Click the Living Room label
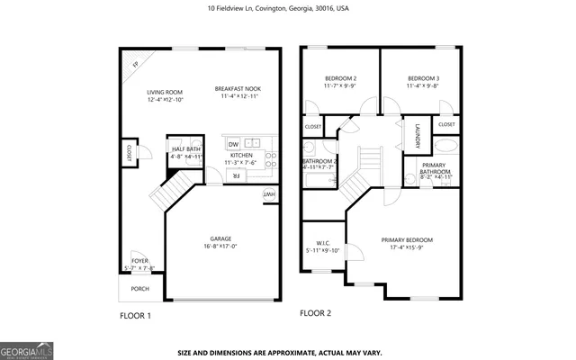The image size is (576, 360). [x=165, y=93]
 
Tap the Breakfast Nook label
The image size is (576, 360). [x=237, y=89]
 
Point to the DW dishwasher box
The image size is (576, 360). [x=233, y=144]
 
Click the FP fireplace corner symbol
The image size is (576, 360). [x=135, y=65]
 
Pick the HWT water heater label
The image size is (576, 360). [x=268, y=195]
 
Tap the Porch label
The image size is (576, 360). [x=139, y=289]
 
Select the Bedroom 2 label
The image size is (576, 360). [x=340, y=79]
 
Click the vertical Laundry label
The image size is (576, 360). [x=418, y=137]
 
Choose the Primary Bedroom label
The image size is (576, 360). [x=407, y=240]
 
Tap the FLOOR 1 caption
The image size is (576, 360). [x=135, y=316]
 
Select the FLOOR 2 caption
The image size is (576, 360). [x=315, y=313]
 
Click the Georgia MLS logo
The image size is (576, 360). [x=24, y=348]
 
